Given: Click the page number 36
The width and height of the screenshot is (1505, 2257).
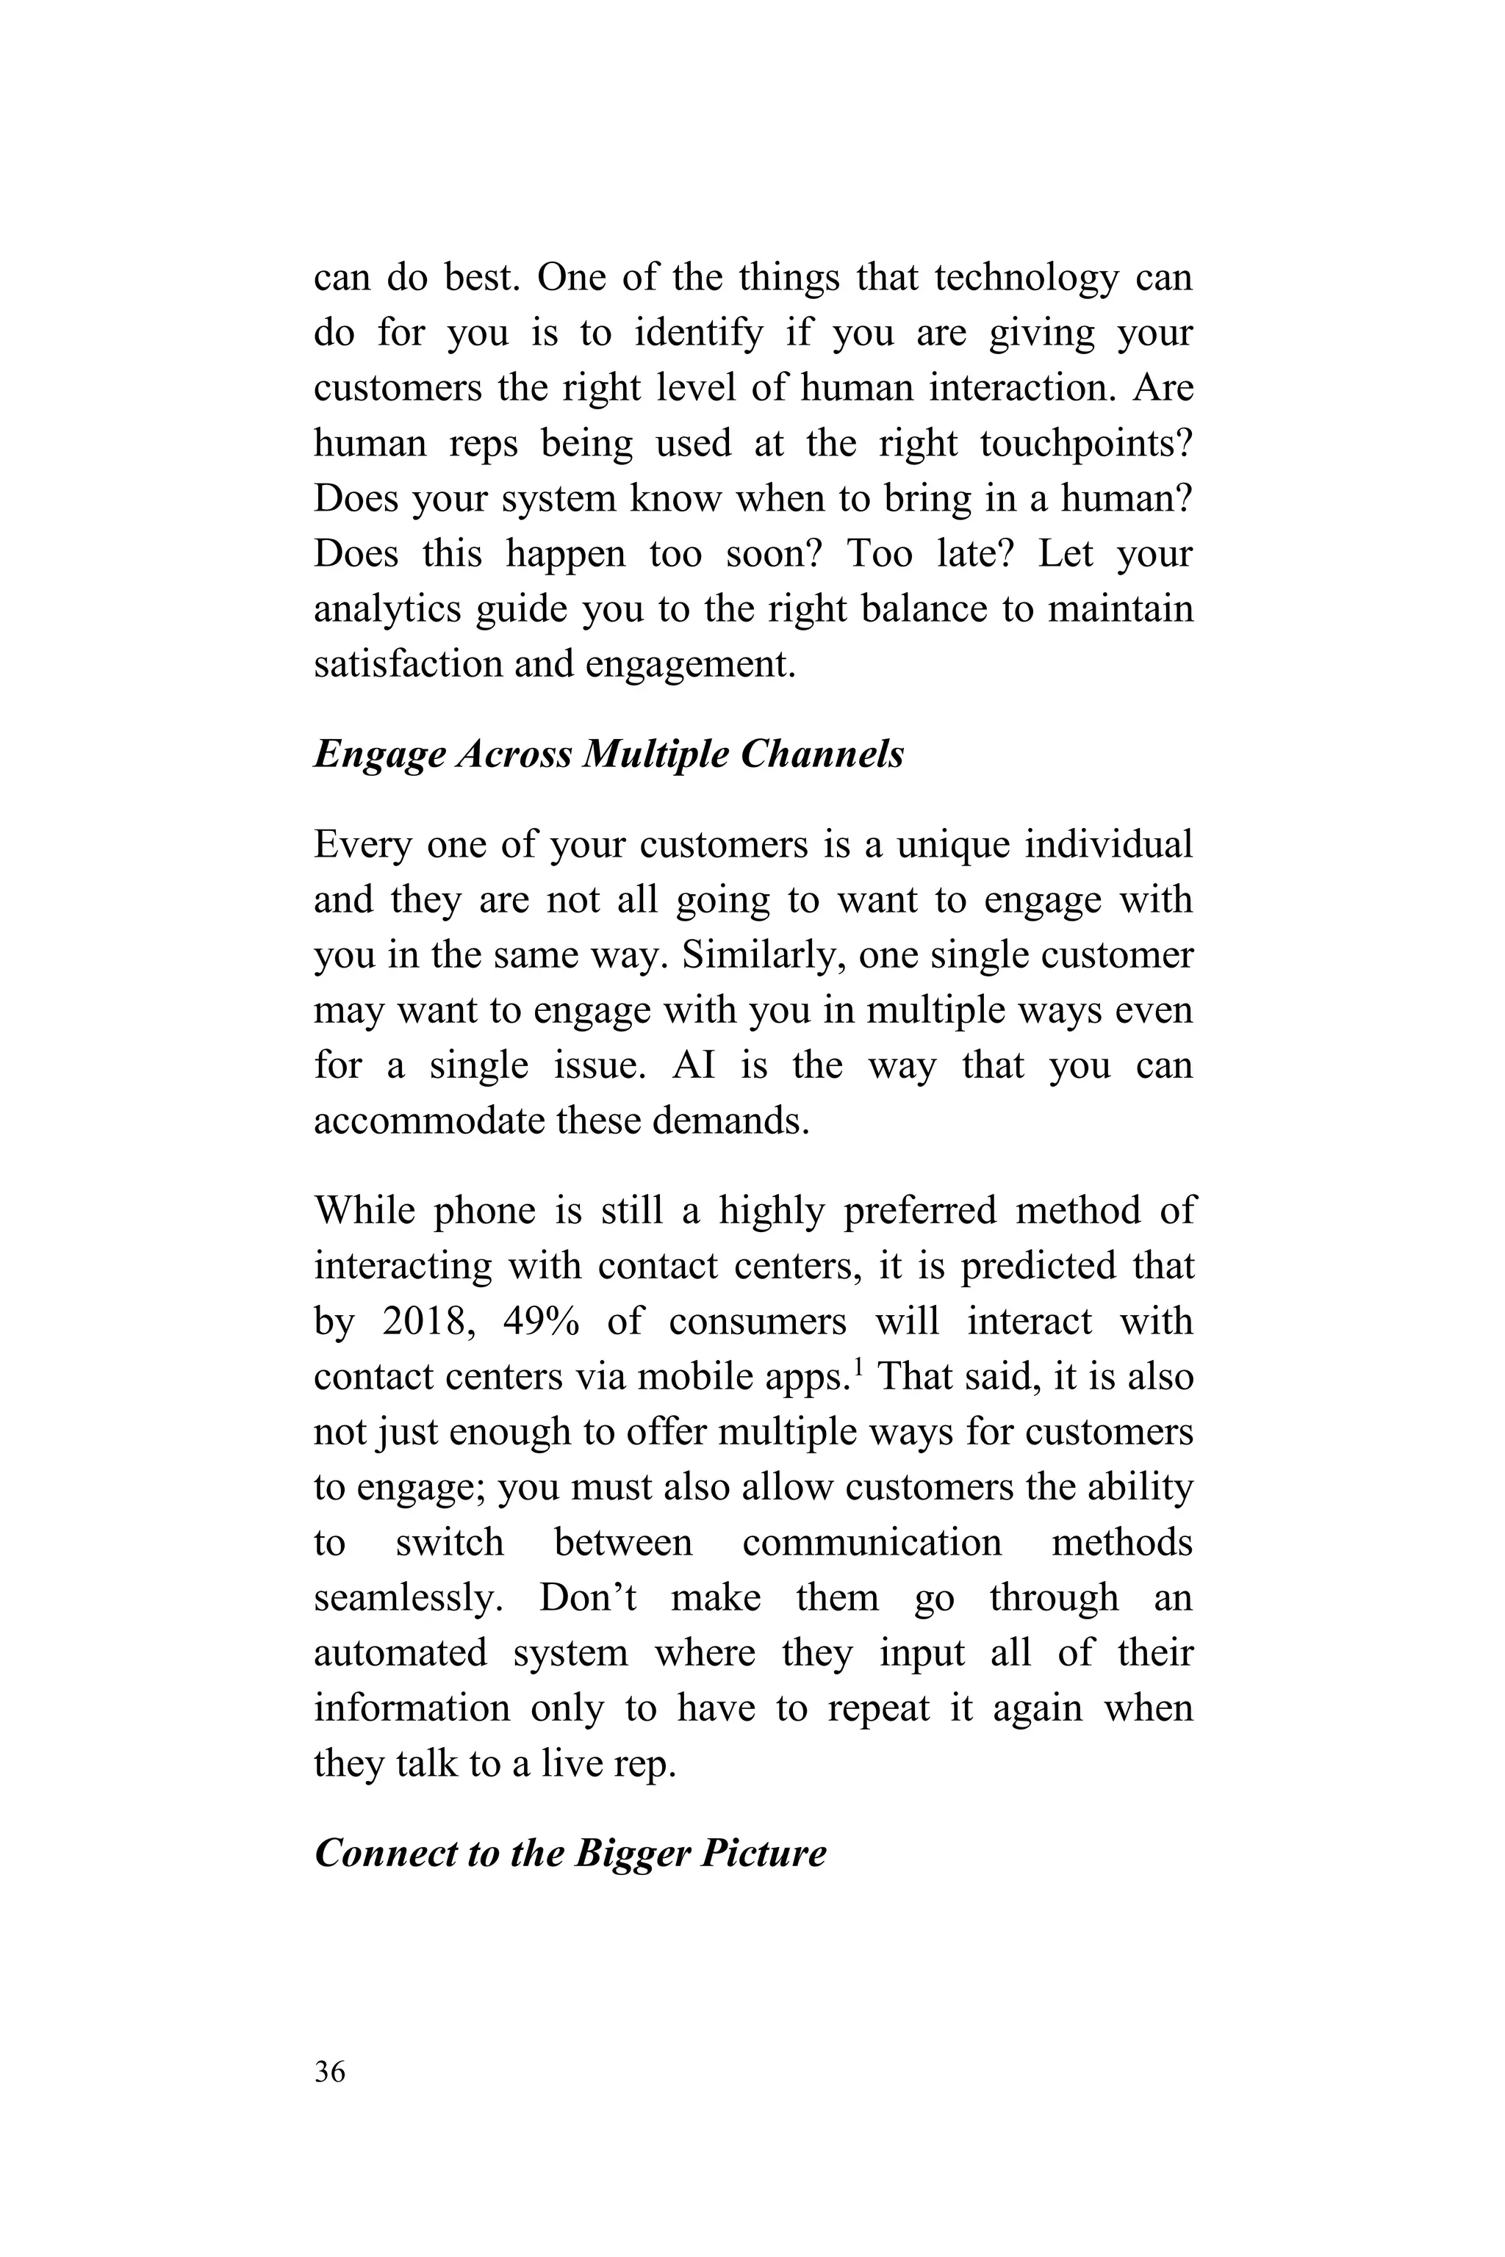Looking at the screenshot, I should pos(329,2072).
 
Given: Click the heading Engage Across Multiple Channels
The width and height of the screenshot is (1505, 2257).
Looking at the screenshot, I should pos(608,755).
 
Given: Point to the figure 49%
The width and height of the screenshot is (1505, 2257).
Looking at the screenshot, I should pos(542,1322).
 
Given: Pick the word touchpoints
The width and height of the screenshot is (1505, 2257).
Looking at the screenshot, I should pos(1085,443).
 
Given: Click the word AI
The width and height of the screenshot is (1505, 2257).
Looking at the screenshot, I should pos(693,1066).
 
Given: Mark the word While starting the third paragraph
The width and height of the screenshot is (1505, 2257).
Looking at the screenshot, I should pos(364,1211).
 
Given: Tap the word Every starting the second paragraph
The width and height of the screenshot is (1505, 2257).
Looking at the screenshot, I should pos(362,846).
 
